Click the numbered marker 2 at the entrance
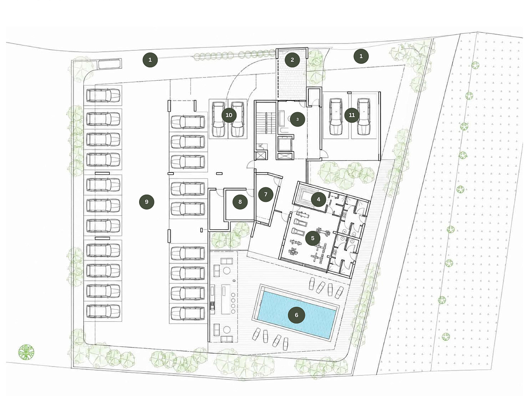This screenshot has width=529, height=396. [x=292, y=60]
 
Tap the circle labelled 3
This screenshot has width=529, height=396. [x=297, y=119]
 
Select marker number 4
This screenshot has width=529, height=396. [x=318, y=199]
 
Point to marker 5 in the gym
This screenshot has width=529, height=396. [x=313, y=238]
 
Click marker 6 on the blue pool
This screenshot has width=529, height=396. [x=296, y=315]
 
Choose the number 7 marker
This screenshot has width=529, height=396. [x=266, y=194]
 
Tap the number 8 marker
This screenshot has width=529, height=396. [x=240, y=202]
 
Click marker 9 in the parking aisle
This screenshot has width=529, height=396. [x=146, y=202]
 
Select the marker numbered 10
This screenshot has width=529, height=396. [x=229, y=115]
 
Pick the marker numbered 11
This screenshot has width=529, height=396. [x=351, y=115]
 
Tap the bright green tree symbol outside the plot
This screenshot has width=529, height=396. [x=26, y=352]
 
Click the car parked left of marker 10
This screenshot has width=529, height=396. [x=218, y=119]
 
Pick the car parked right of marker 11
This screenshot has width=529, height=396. [x=364, y=116]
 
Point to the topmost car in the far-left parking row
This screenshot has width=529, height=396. [x=103, y=95]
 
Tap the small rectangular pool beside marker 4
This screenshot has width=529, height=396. [x=307, y=196]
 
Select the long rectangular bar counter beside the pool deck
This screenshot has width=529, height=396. [x=226, y=299]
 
